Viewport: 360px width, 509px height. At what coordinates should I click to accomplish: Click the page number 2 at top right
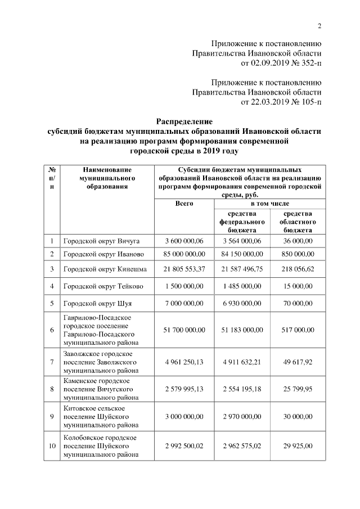pyautogui.click(x=319, y=26)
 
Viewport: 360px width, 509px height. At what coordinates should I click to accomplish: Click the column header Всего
pyautogui.click(x=184, y=204)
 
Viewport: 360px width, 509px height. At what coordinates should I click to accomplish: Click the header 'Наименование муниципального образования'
pyautogui.click(x=106, y=178)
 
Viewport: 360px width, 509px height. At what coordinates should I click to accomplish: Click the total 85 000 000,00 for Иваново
pyautogui.click(x=184, y=254)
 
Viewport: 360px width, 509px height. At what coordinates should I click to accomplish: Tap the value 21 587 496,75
pyautogui.click(x=242, y=269)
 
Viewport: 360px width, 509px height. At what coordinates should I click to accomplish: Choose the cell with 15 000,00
pyautogui.click(x=298, y=286)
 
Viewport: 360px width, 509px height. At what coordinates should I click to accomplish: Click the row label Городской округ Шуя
pyautogui.click(x=97, y=304)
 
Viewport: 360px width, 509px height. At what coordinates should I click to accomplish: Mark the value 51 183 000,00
pyautogui.click(x=242, y=330)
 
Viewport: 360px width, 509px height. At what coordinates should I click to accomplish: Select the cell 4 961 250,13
pyautogui.click(x=184, y=362)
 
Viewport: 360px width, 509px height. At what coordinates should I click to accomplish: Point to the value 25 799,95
pyautogui.click(x=298, y=389)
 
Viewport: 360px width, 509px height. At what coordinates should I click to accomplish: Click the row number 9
pyautogui.click(x=51, y=417)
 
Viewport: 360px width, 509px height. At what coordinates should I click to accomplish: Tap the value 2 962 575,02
pyautogui.click(x=242, y=446)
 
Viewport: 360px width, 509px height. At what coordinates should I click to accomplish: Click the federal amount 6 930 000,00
pyautogui.click(x=242, y=304)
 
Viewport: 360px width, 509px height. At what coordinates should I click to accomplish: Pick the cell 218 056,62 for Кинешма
pyautogui.click(x=298, y=269)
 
